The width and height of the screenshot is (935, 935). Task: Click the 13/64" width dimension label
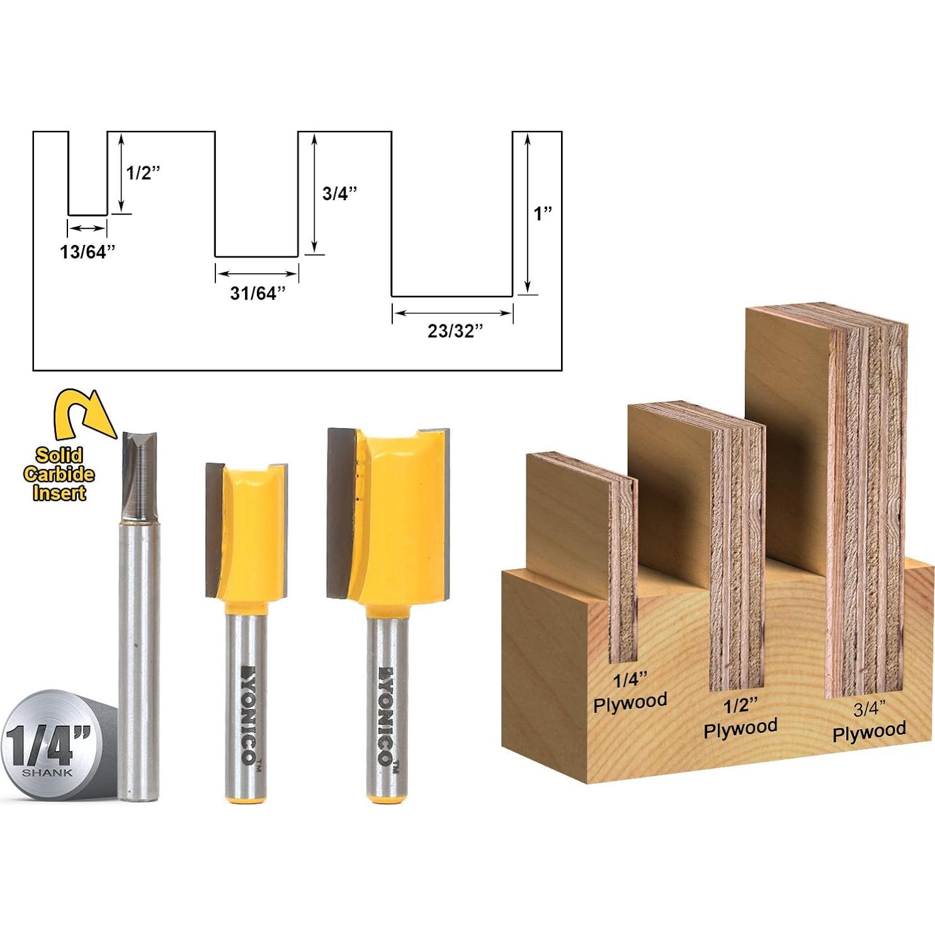[x=88, y=252]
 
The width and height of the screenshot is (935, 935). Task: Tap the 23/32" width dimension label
[x=455, y=331]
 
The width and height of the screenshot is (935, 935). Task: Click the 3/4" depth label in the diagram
[x=339, y=193]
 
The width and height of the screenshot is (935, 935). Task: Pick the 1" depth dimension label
[x=543, y=213]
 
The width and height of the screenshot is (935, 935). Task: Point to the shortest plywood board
[x=576, y=516]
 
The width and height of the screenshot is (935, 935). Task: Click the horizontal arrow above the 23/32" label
[x=452, y=313]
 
